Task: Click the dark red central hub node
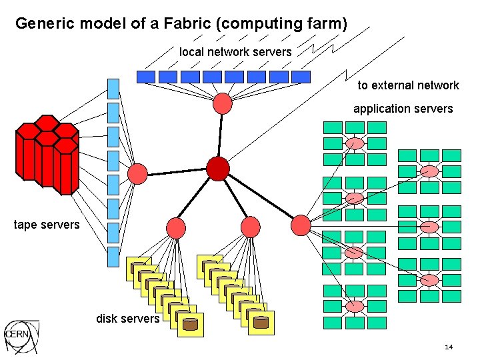pos(218,169)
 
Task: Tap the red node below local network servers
pos(222,103)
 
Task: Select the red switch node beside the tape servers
pos(137,174)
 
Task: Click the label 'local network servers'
pos(235,52)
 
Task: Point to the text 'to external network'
pos(408,85)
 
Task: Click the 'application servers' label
pos(403,109)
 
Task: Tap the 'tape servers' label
pos(47,225)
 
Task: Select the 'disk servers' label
pos(127,319)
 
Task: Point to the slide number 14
pos(448,347)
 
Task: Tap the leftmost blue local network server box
pos(145,77)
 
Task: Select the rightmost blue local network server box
pos(301,77)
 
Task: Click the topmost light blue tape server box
pos(113,88)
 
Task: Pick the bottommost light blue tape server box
pos(113,257)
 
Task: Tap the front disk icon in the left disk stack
pos(191,324)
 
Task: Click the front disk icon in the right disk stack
pos(261,322)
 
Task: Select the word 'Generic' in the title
pos(45,24)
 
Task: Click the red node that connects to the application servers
pos(301,225)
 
